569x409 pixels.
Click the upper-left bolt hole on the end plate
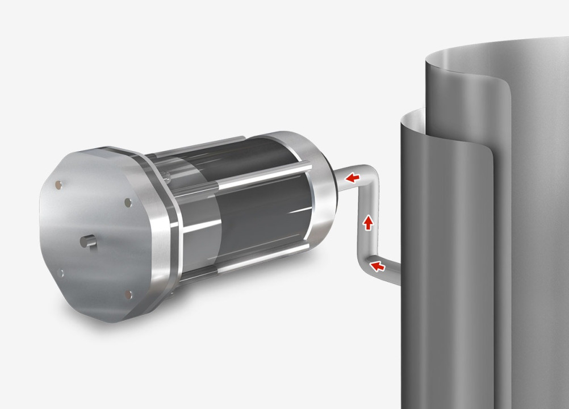tap(58, 184)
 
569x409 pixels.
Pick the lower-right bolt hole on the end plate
tap(129, 294)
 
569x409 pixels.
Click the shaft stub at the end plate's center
tap(88, 241)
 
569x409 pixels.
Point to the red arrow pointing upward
tap(368, 222)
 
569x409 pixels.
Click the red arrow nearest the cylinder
tap(353, 178)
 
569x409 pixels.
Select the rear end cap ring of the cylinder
tap(318, 187)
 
